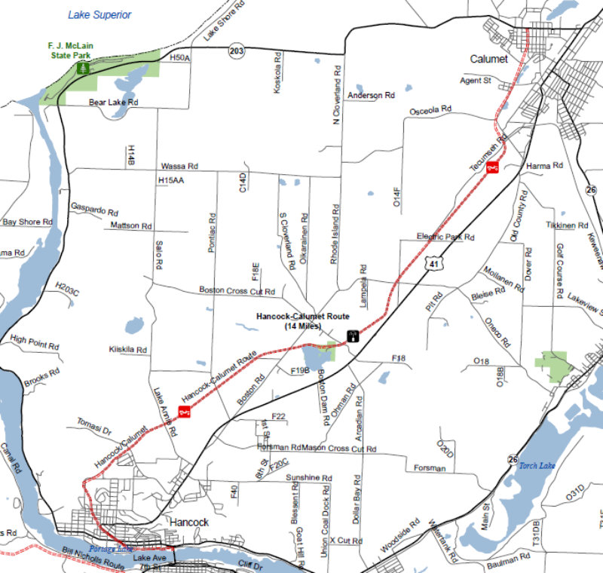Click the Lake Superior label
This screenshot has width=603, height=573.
pos(99,15)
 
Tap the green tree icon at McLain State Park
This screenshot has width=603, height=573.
pos(83,68)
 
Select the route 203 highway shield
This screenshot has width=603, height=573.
pos(236,51)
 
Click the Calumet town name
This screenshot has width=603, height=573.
pos(489,59)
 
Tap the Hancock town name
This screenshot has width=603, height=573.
pos(189,522)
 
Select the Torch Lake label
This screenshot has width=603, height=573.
pos(537,466)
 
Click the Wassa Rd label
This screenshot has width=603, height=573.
pos(179,166)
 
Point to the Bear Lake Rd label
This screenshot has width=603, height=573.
pos(114,102)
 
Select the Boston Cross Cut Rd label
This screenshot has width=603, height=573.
pos(237,290)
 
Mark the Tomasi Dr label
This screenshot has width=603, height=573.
pos(94,426)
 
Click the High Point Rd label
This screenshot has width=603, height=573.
pos(35,342)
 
